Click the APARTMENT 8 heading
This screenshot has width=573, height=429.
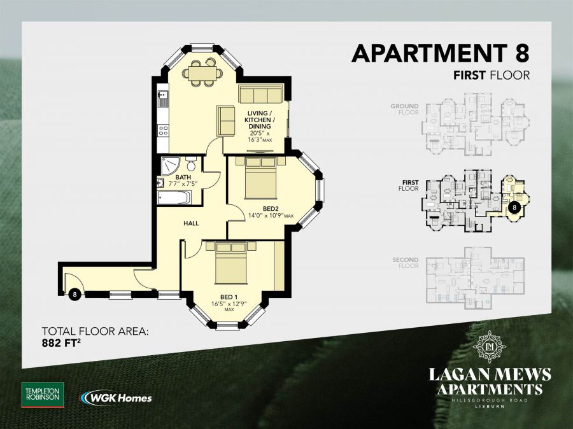(441, 52)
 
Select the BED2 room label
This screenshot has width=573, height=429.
(271, 209)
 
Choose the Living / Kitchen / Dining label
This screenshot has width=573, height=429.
(260, 120)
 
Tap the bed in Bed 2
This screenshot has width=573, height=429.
(260, 178)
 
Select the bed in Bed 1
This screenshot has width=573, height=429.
(230, 262)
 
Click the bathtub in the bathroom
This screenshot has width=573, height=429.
(174, 197)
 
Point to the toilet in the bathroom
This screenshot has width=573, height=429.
(189, 164)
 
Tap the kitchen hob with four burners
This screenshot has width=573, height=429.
(163, 130)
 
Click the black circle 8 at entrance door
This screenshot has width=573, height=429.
(75, 294)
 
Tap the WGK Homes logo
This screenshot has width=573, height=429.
(116, 398)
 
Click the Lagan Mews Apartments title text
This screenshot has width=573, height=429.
(489, 381)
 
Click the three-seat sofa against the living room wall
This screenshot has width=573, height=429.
(260, 95)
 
